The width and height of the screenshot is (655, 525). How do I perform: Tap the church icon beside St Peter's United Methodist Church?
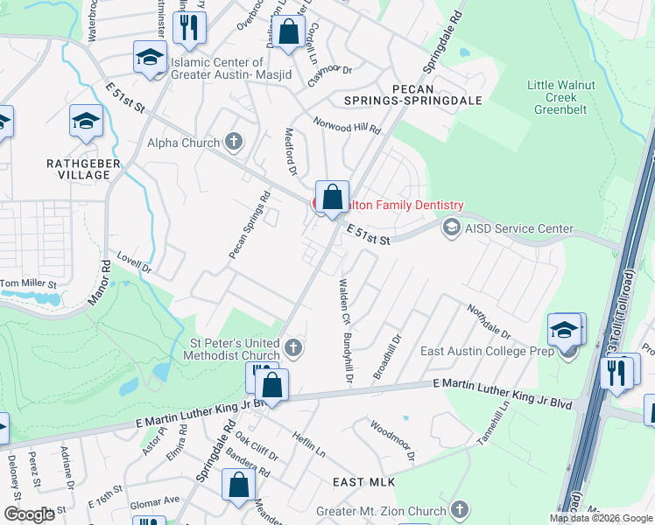[294, 349]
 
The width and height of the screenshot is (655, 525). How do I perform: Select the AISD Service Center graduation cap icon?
[451, 228]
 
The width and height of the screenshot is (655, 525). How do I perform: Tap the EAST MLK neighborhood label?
[365, 482]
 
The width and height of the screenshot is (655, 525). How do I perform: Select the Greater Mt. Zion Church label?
[380, 511]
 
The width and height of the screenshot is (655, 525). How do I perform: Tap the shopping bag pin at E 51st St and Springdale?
[332, 198]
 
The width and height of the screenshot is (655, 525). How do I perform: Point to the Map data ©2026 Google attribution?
[601, 518]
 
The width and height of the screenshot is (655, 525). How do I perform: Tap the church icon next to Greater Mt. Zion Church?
[459, 510]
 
